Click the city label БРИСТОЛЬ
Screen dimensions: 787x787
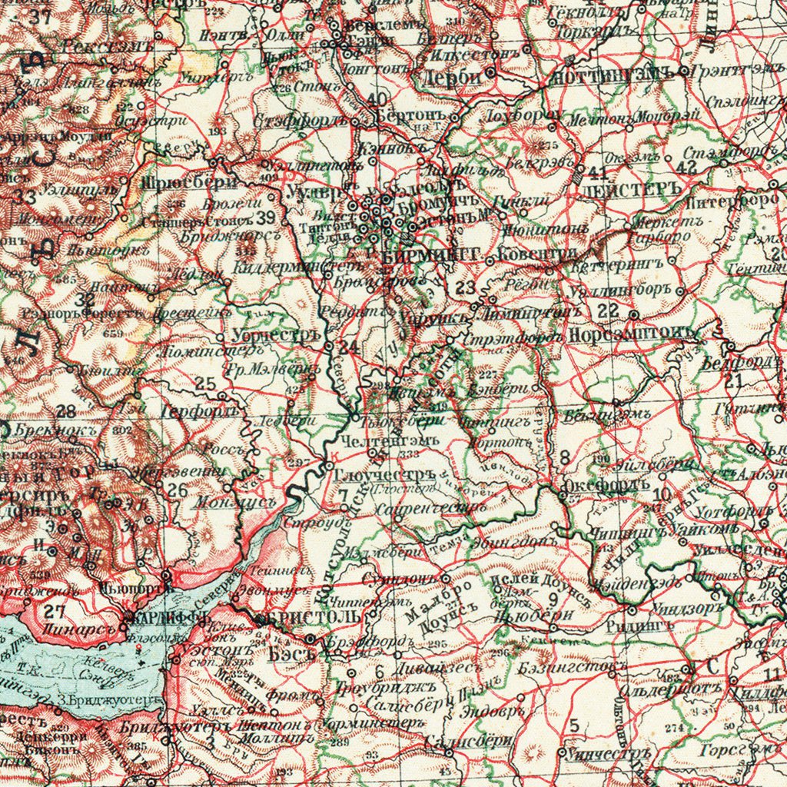tap(311, 618)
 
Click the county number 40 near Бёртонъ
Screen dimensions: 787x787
tap(377, 99)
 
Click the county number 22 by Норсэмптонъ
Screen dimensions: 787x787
tap(608, 310)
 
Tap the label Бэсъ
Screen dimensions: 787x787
tap(293, 654)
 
